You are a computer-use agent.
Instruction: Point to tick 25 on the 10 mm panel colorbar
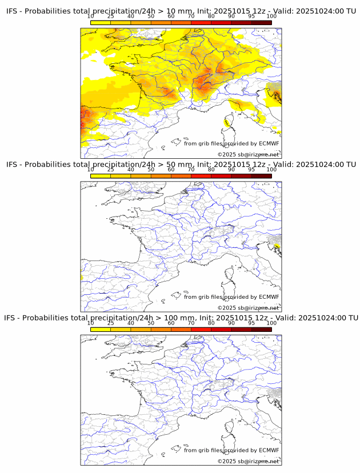110,17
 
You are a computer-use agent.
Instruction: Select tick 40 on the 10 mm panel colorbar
131,17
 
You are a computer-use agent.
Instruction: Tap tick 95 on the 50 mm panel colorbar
251,170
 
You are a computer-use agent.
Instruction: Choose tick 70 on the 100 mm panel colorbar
191,323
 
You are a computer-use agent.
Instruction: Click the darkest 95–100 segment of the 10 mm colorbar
261,23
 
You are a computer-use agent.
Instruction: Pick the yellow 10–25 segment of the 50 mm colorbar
101,176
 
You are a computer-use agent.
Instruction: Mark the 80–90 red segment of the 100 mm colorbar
221,329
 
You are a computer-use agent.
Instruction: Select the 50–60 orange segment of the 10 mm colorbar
161,23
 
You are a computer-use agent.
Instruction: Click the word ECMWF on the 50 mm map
269,296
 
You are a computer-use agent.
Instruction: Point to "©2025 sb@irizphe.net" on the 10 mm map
248,154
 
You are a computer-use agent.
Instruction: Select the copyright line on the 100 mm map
248,460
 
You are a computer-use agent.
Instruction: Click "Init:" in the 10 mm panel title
206,11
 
